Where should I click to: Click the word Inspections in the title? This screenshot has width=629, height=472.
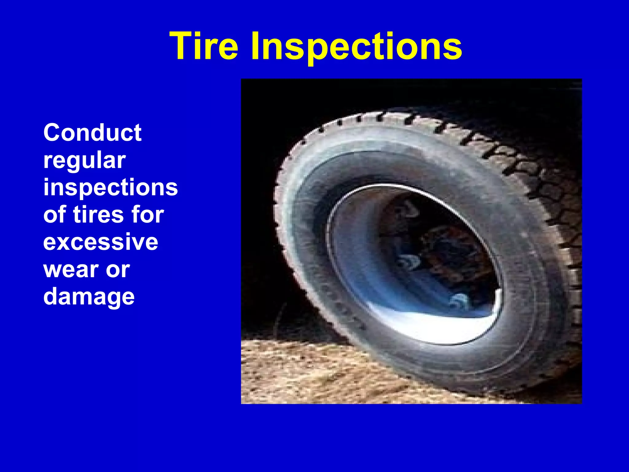coord(356,46)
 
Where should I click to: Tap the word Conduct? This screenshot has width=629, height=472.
coord(92,133)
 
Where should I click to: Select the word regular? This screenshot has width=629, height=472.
coord(84,160)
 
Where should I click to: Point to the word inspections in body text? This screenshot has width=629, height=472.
coord(110,187)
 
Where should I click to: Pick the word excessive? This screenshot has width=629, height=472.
coord(100,242)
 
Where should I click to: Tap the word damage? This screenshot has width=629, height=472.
coord(89,297)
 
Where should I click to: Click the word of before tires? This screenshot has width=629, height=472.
coord(55,214)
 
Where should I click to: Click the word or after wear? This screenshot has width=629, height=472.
coord(118,269)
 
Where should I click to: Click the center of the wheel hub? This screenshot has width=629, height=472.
coord(430,255)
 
